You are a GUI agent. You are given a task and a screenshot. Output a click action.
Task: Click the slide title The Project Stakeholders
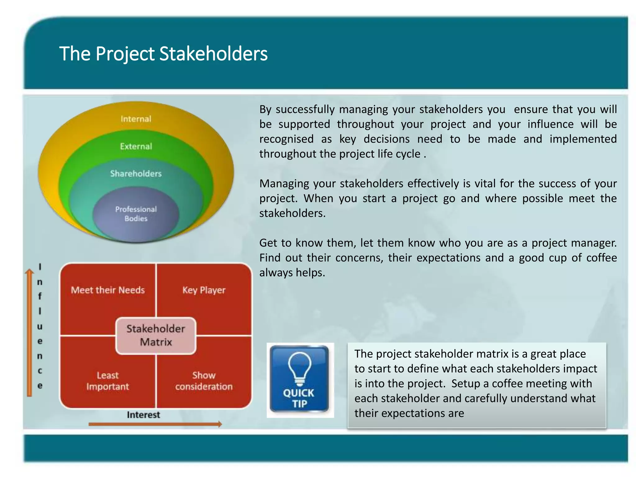[163, 54]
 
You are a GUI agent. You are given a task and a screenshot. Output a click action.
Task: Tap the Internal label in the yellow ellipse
[136, 119]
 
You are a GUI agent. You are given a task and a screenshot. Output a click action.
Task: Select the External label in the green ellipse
[136, 146]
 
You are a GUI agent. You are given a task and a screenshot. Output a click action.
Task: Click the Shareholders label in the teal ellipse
[136, 174]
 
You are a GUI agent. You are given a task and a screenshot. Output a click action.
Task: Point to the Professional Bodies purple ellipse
[136, 214]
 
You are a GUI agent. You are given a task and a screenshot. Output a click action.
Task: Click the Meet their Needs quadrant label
[108, 290]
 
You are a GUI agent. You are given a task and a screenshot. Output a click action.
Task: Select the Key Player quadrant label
[204, 290]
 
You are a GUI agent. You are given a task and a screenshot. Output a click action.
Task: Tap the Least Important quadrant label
[107, 381]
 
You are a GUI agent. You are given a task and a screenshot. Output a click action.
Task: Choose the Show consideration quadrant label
[204, 381]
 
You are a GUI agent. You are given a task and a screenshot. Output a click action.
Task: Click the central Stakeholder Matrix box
[156, 336]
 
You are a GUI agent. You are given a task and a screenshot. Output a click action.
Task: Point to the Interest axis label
[143, 415]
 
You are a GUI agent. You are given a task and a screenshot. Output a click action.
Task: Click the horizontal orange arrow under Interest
[155, 424]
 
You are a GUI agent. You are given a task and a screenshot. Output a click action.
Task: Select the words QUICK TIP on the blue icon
[299, 398]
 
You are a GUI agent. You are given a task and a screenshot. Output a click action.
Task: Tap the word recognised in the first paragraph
[286, 139]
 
